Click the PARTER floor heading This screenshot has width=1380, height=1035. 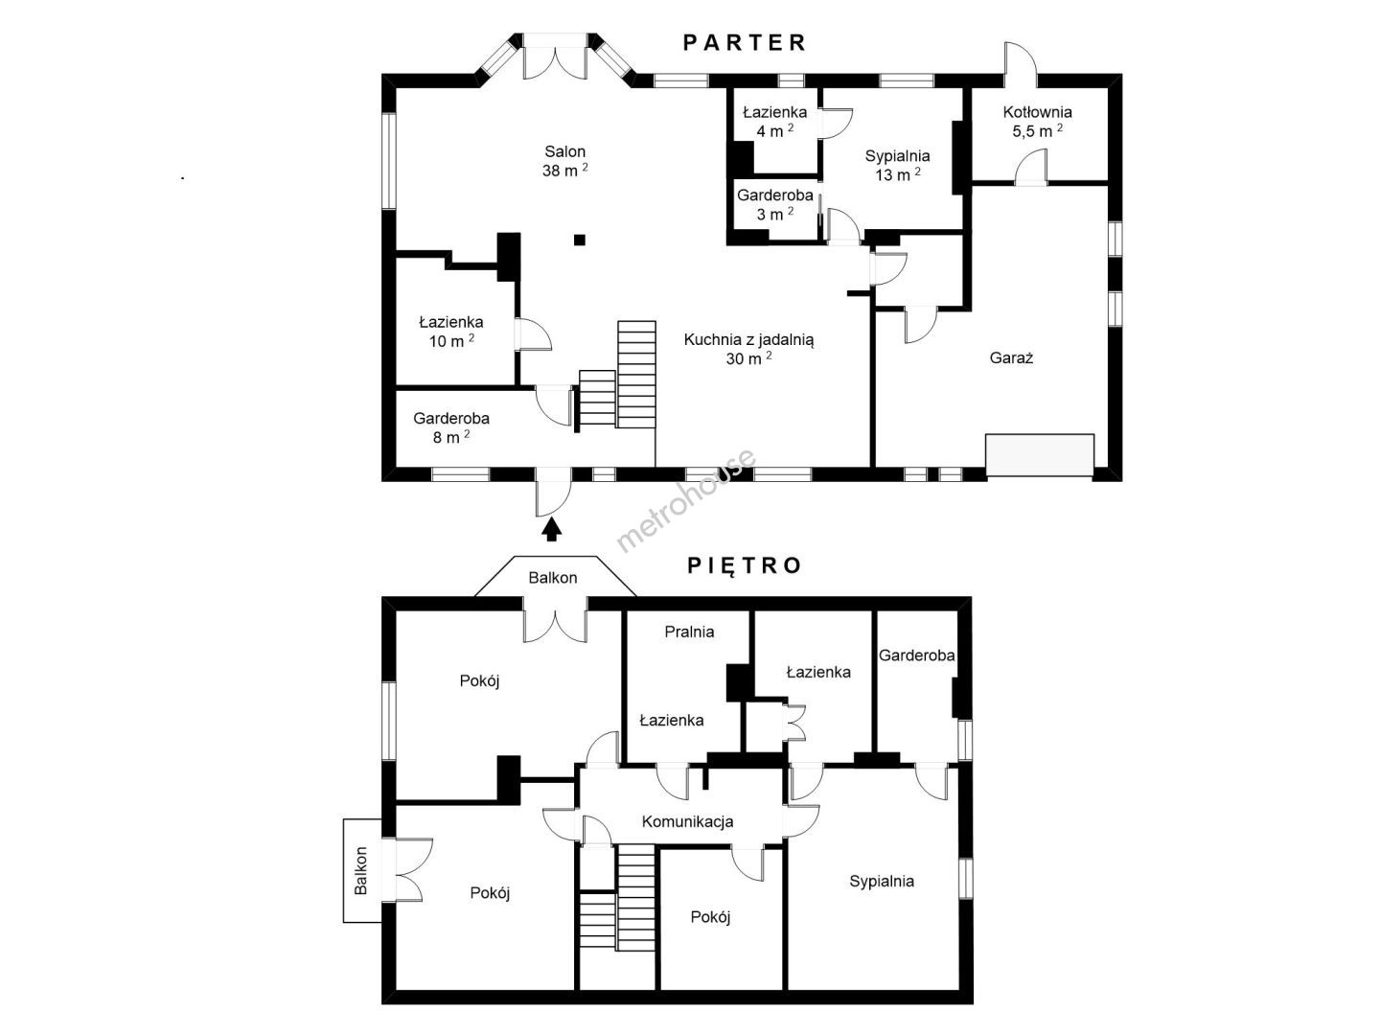(x=744, y=43)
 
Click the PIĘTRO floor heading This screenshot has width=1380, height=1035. (x=745, y=565)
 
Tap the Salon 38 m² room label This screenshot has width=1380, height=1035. (x=565, y=161)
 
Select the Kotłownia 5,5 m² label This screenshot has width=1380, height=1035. (x=1037, y=122)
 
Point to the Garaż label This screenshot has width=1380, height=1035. (x=1012, y=358)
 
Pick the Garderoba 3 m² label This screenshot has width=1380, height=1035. (x=775, y=205)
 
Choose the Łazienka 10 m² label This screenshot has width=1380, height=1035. (x=451, y=332)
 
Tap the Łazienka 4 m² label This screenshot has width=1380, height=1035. (x=775, y=122)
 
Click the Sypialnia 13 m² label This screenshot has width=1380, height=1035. (x=898, y=165)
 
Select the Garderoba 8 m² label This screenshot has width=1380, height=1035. (x=451, y=428)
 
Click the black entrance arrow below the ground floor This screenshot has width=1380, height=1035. (x=552, y=529)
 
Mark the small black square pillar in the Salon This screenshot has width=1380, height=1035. (x=580, y=240)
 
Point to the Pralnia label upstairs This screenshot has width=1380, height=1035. (x=690, y=632)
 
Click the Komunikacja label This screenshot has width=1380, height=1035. (x=688, y=821)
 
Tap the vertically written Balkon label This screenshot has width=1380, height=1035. (x=361, y=870)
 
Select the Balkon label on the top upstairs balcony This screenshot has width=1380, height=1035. (x=553, y=578)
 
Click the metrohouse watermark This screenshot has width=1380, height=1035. (x=685, y=500)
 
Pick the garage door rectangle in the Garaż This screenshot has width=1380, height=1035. (x=1040, y=455)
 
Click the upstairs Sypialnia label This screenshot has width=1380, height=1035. (x=882, y=882)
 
